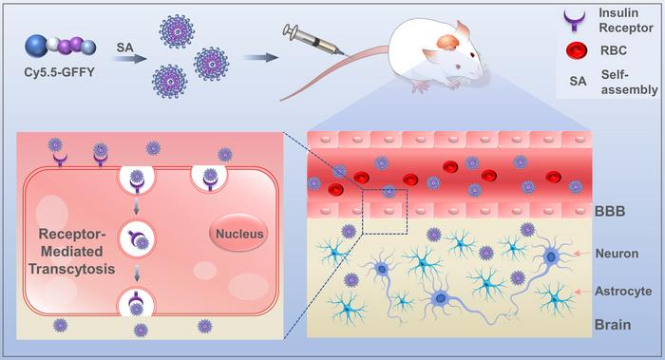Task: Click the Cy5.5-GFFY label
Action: tap(59, 72)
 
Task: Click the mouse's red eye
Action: tap(472, 54)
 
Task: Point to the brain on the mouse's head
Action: tap(448, 44)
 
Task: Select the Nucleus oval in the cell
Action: tap(239, 234)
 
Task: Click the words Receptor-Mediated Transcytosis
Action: tap(71, 252)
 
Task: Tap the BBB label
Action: tap(610, 211)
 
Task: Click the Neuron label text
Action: tap(617, 254)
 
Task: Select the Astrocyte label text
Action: tap(623, 291)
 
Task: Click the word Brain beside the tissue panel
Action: tap(613, 325)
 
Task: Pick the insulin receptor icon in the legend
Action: tap(574, 21)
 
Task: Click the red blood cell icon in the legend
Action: tap(577, 50)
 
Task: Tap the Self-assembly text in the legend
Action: tap(629, 83)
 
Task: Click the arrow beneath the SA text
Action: tap(129, 57)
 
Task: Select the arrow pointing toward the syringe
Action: tap(261, 57)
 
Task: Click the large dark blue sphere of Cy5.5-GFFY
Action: tap(36, 46)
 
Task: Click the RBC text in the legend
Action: tap(614, 50)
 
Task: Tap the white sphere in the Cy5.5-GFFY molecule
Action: tap(53, 44)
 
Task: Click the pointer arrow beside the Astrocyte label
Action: tap(583, 292)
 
